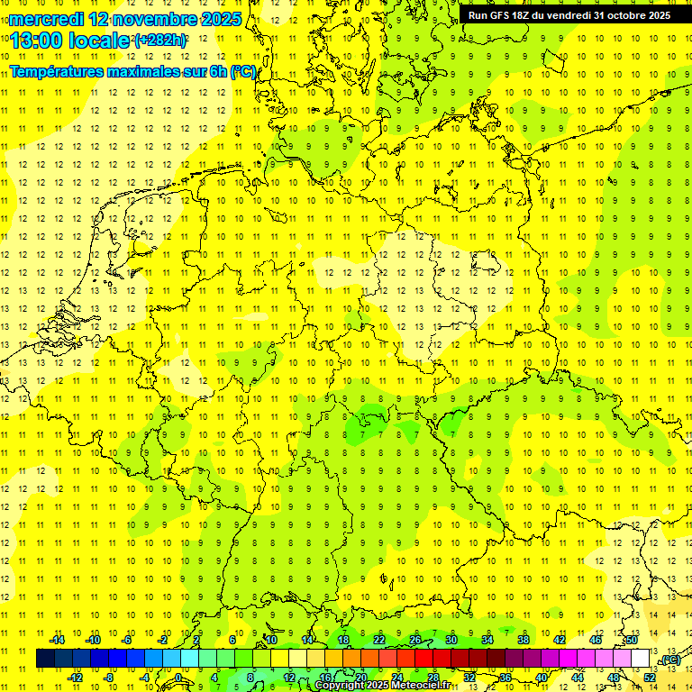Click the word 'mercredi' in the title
(x=47, y=18)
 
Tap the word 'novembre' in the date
(x=154, y=18)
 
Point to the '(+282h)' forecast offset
(x=159, y=41)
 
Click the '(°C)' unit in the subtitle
(x=242, y=71)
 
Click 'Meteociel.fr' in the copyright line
(x=422, y=686)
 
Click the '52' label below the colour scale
(x=650, y=678)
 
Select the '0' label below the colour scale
(x=178, y=678)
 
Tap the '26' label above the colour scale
(x=415, y=640)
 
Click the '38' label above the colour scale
(x=524, y=640)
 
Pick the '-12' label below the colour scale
(x=75, y=678)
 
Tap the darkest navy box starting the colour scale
(x=45, y=659)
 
